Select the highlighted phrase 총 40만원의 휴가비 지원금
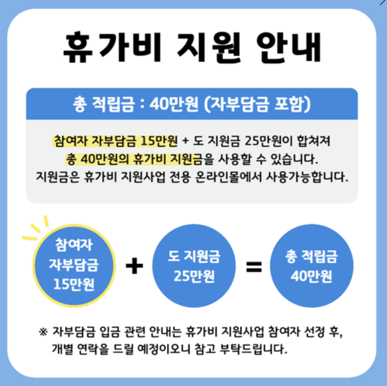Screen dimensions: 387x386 click(134, 159)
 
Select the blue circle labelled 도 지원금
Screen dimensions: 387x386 click(194, 266)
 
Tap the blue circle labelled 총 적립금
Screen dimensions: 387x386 click(312, 266)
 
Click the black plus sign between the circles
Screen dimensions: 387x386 click(134, 267)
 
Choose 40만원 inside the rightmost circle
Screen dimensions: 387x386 click(312, 276)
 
